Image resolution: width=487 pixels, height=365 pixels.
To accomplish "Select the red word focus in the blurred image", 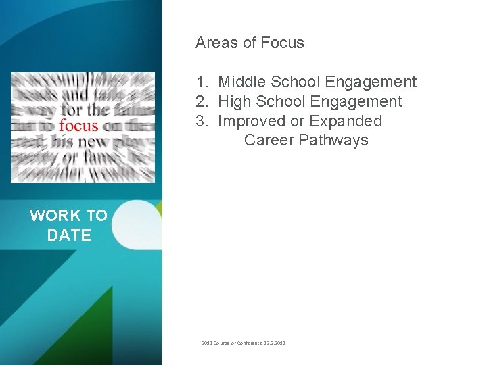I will click(x=78, y=126).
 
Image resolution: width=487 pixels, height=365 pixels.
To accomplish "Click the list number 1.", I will click(x=201, y=82).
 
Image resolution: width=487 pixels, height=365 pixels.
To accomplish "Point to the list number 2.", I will click(x=201, y=102).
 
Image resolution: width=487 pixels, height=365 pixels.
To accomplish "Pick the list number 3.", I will click(x=201, y=122).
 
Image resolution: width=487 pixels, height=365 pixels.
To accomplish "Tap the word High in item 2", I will click(x=235, y=102).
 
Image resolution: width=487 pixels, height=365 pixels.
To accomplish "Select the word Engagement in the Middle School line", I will click(x=371, y=82).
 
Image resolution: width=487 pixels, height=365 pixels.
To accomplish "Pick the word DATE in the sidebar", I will click(x=69, y=235).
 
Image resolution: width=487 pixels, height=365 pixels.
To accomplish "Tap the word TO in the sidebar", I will click(x=95, y=216).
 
